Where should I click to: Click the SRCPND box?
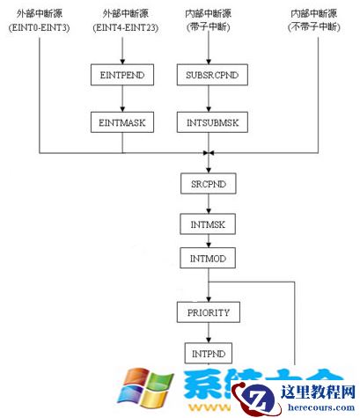coord(208,186)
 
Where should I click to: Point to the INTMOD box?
coord(208,259)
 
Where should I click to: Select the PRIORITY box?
coord(208,312)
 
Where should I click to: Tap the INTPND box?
coord(208,354)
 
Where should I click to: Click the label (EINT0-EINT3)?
coord(40,27)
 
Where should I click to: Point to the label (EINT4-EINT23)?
coord(123,27)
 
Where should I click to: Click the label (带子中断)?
coord(208,27)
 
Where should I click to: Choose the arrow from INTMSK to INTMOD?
coord(208,243)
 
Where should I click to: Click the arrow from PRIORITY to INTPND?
coord(208,333)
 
